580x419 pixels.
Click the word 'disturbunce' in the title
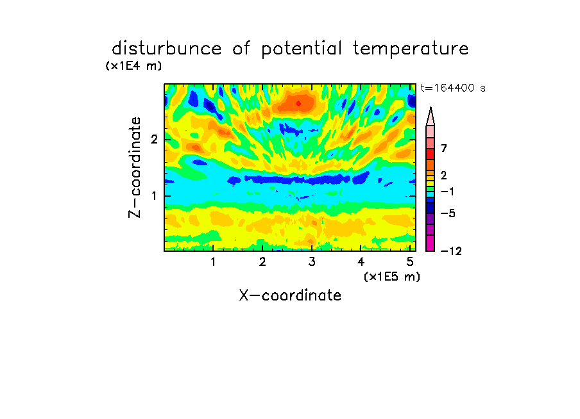[167, 49]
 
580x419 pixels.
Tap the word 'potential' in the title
[302, 49]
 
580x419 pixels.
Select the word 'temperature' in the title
[411, 49]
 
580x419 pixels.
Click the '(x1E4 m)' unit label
[133, 66]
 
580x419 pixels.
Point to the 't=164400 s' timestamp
[453, 88]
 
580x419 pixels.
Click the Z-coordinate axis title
[134, 167]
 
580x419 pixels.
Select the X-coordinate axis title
[290, 295]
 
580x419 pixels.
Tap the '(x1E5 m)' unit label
[392, 276]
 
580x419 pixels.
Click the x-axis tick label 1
[213, 262]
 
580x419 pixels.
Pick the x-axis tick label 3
[312, 262]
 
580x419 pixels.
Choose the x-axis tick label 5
[410, 262]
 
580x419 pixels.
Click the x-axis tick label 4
[361, 262]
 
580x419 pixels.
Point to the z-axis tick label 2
[154, 140]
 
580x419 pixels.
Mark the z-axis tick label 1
[154, 196]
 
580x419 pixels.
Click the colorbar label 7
[444, 149]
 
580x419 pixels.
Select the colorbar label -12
[451, 251]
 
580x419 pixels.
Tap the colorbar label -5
[448, 213]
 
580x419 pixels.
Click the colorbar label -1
[447, 192]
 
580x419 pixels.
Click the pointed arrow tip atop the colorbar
[431, 108]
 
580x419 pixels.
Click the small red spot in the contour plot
[298, 104]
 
